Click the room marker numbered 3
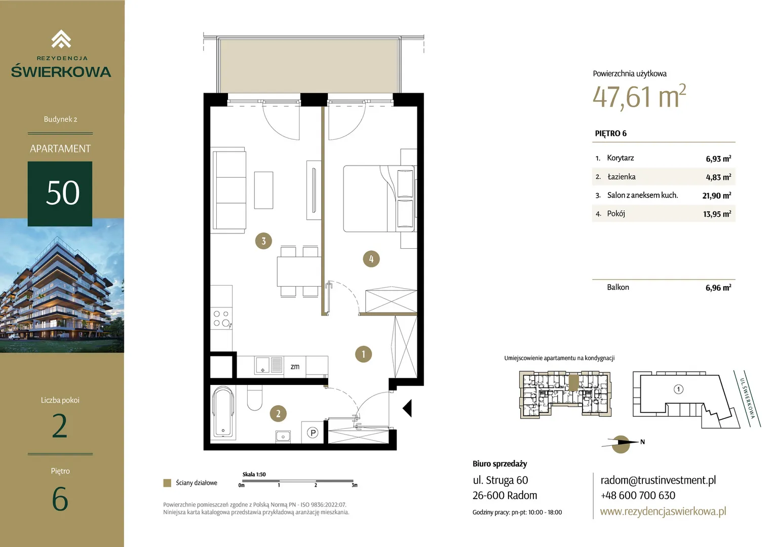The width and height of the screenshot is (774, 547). tap(263, 241)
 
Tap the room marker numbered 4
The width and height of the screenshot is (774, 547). tap(371, 259)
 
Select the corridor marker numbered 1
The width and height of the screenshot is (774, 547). tap(363, 354)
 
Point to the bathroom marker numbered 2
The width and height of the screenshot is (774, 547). tap(278, 413)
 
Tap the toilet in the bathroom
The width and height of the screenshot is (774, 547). tap(255, 398)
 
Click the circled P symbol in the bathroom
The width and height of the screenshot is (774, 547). tap(313, 432)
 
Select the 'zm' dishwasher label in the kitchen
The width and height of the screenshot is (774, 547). tap(295, 366)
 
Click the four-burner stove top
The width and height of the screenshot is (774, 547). tap(221, 318)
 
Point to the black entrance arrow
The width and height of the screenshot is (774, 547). tap(407, 408)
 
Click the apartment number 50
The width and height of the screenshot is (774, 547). tap(62, 193)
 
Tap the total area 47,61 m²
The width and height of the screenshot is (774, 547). tap(639, 96)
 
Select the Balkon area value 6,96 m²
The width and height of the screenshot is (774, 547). tap(718, 288)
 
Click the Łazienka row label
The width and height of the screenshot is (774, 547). tap(621, 177)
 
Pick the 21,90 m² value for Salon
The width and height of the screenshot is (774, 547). tap(717, 196)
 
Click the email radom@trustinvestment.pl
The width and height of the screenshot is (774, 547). tap(658, 480)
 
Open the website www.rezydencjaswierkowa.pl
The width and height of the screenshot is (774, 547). tap(663, 511)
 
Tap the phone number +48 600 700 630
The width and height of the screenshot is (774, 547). tap(638, 495)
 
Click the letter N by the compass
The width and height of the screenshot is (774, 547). tap(642, 442)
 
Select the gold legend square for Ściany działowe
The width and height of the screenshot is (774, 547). tap(167, 483)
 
